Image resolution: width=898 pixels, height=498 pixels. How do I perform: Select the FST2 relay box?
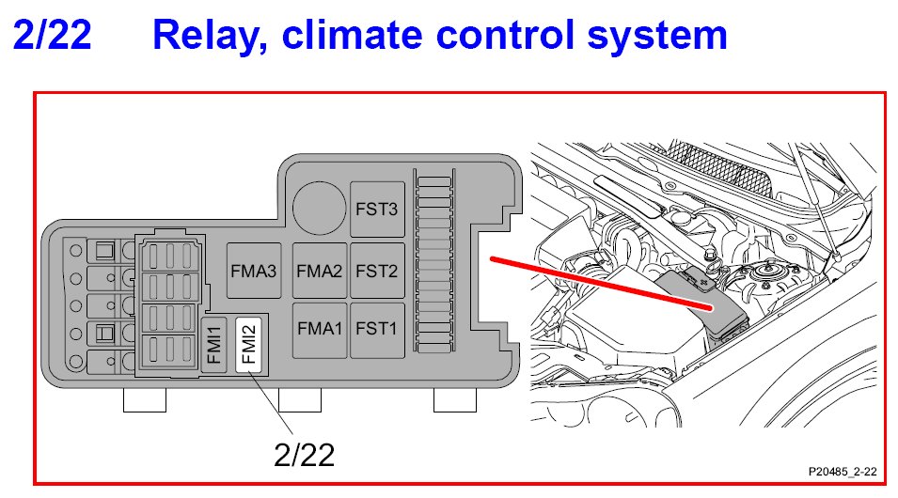click(x=377, y=271)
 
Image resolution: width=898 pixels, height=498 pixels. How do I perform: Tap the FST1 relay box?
click(x=377, y=329)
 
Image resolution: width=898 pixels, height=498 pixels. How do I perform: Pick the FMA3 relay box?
click(x=254, y=271)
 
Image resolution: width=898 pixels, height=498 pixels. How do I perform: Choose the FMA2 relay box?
click(x=319, y=271)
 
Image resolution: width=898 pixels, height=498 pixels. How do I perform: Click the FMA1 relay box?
click(x=319, y=329)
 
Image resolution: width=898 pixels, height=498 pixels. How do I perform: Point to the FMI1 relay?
click(x=213, y=344)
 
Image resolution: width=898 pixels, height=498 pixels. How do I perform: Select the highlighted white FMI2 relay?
click(x=247, y=344)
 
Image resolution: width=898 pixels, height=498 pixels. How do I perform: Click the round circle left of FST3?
click(x=318, y=205)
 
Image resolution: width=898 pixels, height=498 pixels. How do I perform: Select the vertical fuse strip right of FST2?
click(x=434, y=268)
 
